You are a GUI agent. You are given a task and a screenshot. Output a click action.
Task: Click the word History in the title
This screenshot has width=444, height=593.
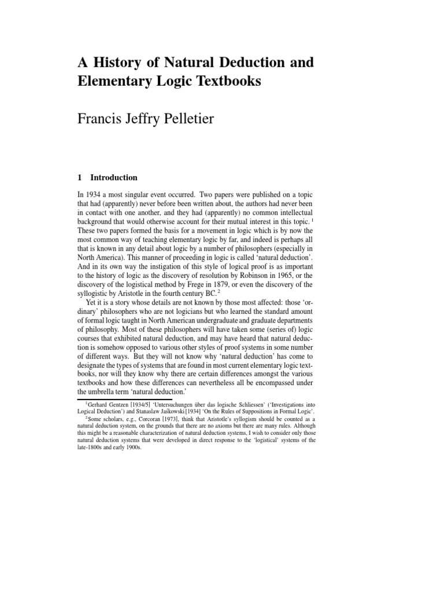pyautogui.click(x=113, y=62)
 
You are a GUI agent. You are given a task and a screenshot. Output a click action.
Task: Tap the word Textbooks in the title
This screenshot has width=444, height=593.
pyautogui.click(x=227, y=82)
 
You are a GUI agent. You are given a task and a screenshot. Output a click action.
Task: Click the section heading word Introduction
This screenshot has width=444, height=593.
pyautogui.click(x=114, y=178)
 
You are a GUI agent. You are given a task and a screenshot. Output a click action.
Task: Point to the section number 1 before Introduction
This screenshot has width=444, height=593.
pyautogui.click(x=80, y=178)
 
